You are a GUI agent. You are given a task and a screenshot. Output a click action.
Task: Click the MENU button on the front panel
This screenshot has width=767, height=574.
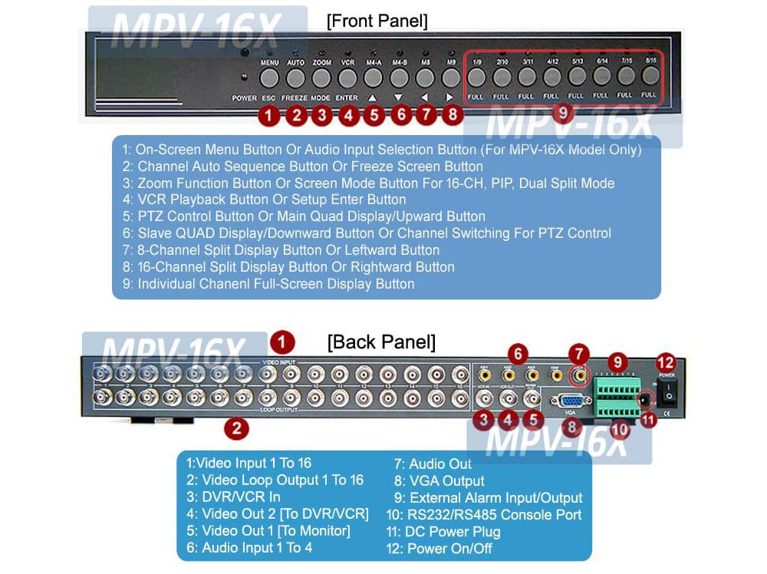(x=269, y=78)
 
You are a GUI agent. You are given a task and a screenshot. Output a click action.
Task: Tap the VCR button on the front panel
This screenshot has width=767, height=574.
(x=347, y=78)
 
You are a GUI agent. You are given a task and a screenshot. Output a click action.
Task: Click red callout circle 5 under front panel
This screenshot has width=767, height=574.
(x=374, y=116)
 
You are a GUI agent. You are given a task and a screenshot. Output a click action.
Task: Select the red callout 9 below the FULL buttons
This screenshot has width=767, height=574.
(x=563, y=112)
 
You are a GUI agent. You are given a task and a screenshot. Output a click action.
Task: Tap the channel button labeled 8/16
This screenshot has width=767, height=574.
(x=650, y=77)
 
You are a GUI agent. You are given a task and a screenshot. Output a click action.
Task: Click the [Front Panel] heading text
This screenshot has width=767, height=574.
(x=377, y=21)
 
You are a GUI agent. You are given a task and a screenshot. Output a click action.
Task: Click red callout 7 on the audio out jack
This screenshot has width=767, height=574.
(x=579, y=355)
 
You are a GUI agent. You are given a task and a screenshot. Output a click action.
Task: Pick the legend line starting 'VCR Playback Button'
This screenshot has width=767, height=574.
(x=272, y=200)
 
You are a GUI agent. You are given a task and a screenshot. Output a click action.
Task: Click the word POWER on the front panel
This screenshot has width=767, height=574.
(x=244, y=98)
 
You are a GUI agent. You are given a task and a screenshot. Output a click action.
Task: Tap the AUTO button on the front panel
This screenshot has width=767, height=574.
(x=295, y=78)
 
